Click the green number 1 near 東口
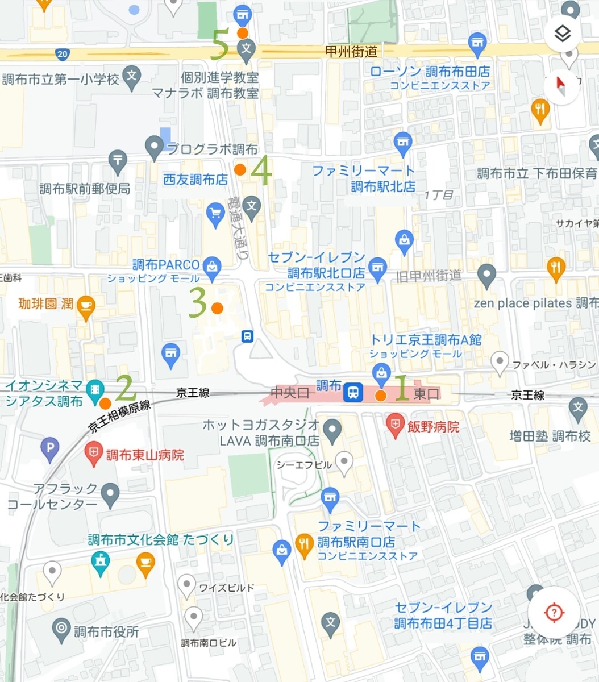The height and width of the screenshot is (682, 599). [x=402, y=388]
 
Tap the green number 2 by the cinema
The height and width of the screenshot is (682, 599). [x=126, y=388]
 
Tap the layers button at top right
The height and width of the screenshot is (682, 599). [x=562, y=34]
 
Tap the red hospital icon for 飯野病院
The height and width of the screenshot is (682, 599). [x=395, y=426]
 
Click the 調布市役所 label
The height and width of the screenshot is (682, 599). [x=106, y=631]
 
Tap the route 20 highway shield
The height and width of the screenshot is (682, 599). [x=63, y=54]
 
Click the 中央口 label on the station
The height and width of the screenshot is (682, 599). [x=290, y=392]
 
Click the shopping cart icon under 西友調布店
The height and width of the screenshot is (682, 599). [x=215, y=215]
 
